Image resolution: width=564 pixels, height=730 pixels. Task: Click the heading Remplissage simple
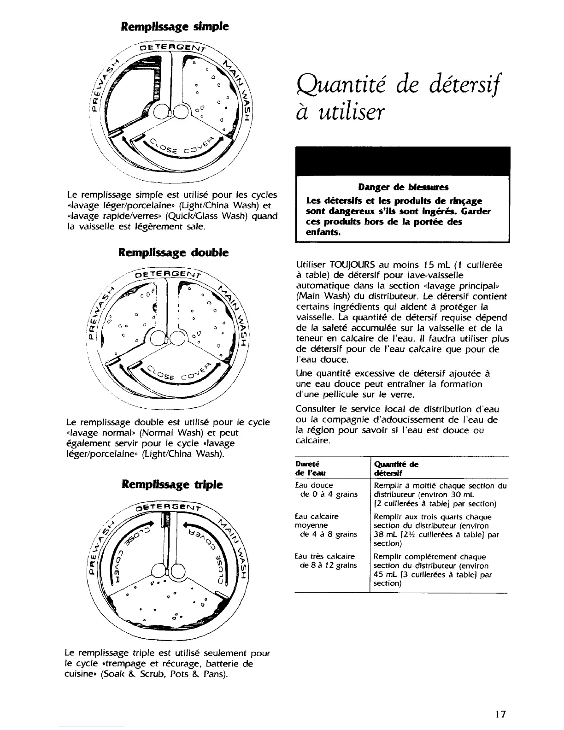(175, 26)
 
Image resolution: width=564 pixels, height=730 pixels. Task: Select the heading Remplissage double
(173, 253)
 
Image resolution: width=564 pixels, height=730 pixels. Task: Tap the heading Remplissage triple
(172, 484)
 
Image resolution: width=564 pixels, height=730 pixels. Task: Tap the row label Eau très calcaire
(325, 556)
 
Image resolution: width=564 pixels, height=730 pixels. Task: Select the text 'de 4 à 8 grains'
(328, 535)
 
